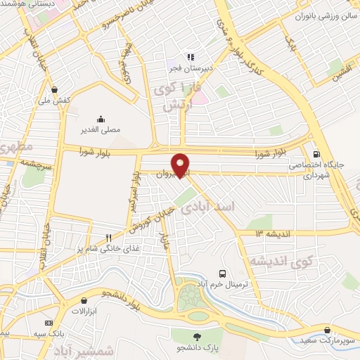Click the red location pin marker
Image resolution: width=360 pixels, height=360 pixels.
point(181,165)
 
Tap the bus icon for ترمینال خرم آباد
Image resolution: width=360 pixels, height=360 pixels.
point(223,273)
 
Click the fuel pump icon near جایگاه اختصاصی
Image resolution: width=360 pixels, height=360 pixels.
point(316,153)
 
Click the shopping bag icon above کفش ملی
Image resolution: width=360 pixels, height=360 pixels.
point(56,89)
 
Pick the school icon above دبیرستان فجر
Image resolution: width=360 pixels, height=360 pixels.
point(189,57)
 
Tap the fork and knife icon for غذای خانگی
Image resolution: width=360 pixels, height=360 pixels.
point(108,238)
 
